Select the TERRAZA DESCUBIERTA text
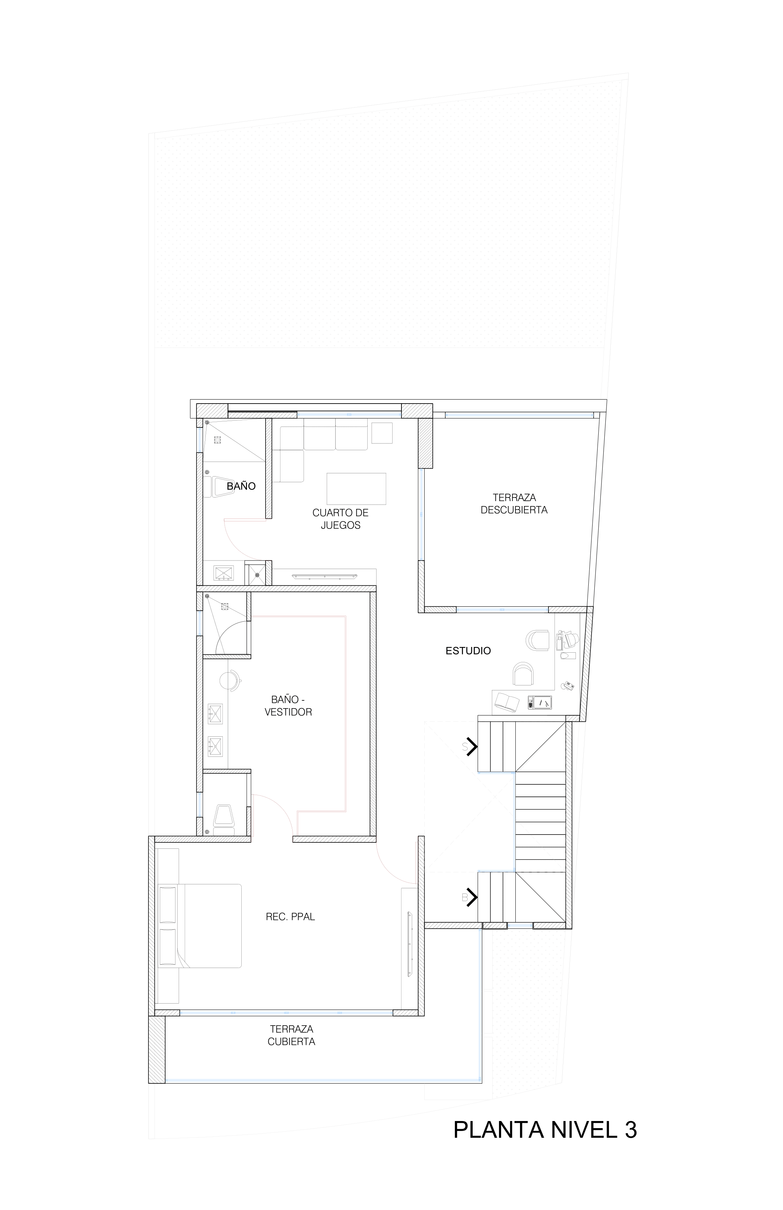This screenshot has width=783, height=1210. click(514, 503)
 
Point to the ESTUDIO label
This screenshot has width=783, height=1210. click(468, 651)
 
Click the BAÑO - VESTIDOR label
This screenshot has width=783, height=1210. click(288, 706)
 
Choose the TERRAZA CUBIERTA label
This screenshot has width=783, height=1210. click(291, 1035)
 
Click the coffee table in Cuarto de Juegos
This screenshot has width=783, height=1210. click(356, 489)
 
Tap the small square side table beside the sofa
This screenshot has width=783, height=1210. click(382, 433)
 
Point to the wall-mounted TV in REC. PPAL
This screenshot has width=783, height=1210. click(409, 945)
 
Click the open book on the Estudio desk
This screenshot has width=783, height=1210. click(507, 703)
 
